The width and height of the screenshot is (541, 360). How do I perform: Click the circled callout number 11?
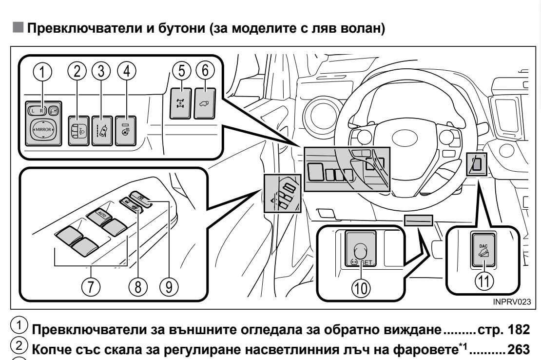point(484,280)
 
